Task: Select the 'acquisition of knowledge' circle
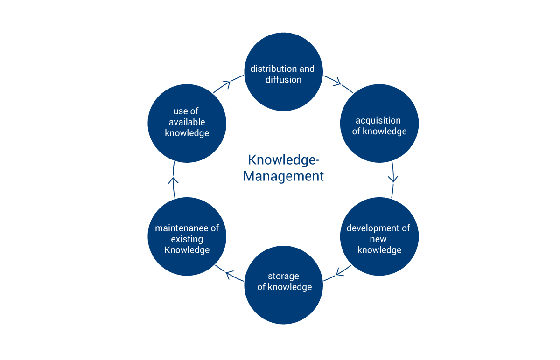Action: (x=379, y=123)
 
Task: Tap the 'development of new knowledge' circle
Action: (x=379, y=237)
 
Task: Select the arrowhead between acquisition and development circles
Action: (x=394, y=178)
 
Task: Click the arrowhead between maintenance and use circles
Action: (x=173, y=180)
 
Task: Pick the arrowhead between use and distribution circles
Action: (x=227, y=84)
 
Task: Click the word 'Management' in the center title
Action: (x=283, y=177)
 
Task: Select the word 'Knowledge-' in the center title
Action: (x=283, y=160)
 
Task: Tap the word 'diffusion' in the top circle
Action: (x=283, y=79)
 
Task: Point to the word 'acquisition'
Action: (x=378, y=120)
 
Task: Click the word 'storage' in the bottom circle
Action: (x=283, y=276)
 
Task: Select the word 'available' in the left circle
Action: (x=187, y=122)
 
